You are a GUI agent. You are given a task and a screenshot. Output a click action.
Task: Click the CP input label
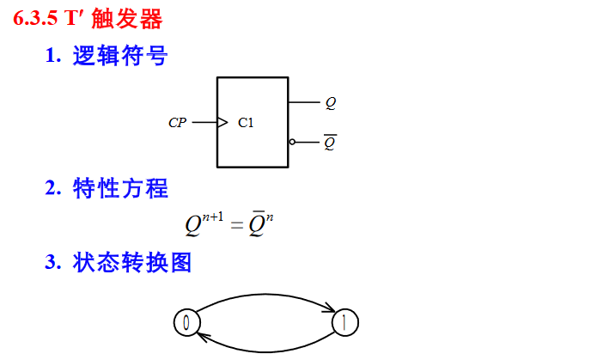tap(177, 123)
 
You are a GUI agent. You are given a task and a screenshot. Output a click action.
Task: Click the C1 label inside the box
tap(246, 123)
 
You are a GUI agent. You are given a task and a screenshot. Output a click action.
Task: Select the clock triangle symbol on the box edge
tap(222, 123)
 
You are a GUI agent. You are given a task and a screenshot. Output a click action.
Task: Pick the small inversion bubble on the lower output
tap(292, 142)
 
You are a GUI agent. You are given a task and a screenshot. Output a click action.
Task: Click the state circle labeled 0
tap(186, 323)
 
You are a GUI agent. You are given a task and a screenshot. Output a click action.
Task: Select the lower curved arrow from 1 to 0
tap(266, 348)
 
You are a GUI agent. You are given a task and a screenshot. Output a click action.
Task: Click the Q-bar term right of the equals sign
tap(257, 227)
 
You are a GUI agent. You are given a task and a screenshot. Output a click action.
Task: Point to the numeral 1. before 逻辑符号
tap(53, 58)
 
